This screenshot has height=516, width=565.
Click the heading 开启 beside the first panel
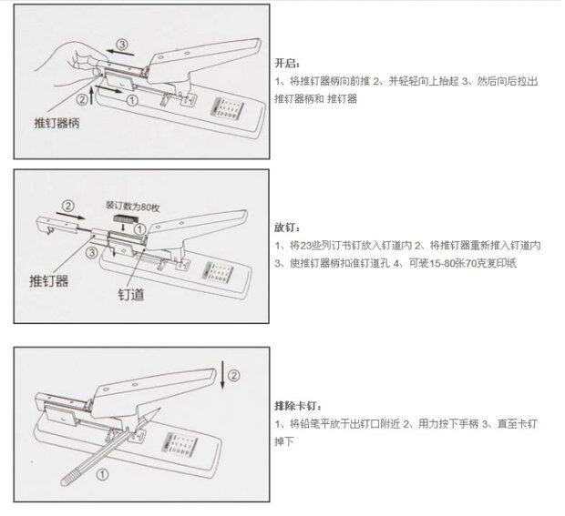[285, 66]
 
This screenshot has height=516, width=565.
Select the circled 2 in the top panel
[84, 99]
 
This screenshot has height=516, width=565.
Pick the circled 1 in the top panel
[130, 99]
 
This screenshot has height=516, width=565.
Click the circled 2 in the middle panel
[67, 206]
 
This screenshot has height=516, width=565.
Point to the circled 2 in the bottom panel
[233, 373]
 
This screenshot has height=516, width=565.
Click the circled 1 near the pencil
[101, 472]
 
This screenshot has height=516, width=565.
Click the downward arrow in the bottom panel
[222, 371]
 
